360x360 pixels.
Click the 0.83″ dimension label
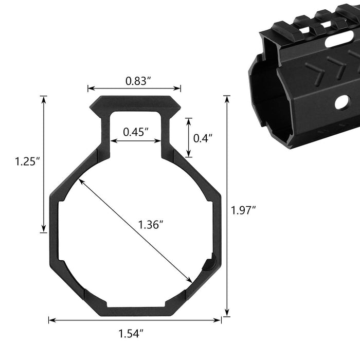point(138,81)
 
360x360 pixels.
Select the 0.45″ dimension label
point(136,132)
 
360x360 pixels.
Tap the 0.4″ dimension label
point(203,138)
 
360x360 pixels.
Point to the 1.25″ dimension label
point(28,161)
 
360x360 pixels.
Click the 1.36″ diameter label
point(151,225)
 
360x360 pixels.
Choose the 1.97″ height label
point(243,210)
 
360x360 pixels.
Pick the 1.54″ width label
point(131,334)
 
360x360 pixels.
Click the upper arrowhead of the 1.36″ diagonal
point(81,181)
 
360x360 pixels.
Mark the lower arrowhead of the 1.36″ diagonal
point(189,280)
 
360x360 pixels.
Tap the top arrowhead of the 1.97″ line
point(227,99)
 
